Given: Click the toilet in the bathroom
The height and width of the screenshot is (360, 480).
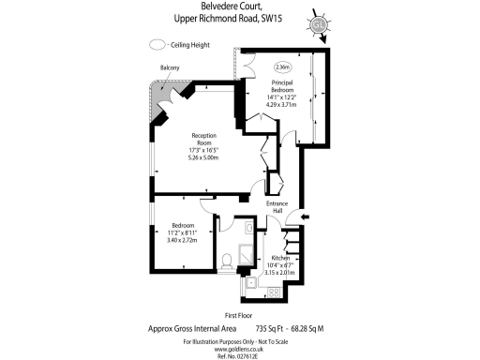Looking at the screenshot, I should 227,262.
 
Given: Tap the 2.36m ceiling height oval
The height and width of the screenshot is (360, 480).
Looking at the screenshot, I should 282,67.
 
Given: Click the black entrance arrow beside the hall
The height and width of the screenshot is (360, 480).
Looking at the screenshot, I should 305,218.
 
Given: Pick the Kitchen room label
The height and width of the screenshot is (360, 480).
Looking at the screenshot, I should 281,257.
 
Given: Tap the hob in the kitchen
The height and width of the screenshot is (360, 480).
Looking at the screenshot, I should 275,292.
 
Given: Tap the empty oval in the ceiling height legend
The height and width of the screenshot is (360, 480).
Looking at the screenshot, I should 156,44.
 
